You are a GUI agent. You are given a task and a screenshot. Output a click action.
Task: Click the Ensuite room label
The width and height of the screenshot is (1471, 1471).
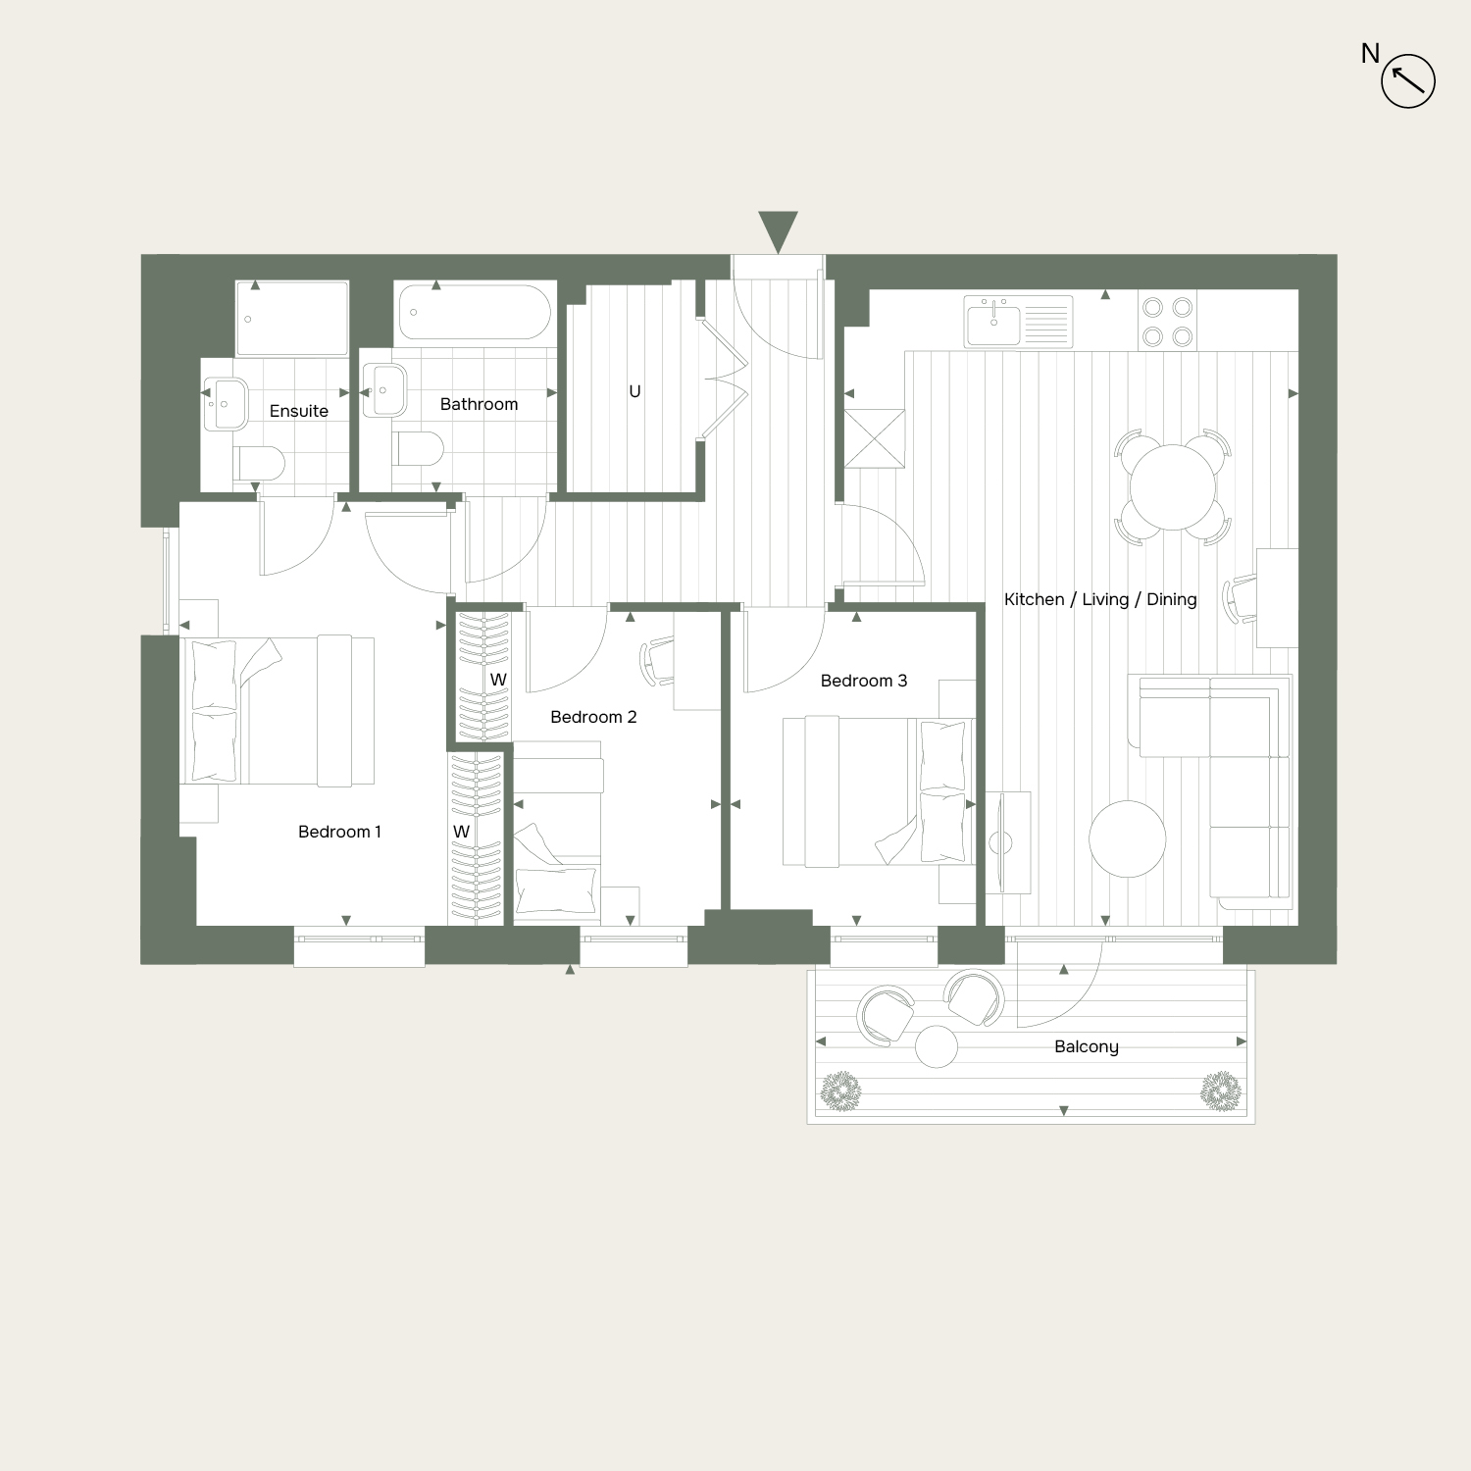[299, 411]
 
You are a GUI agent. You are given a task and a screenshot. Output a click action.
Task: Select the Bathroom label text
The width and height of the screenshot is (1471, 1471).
[479, 404]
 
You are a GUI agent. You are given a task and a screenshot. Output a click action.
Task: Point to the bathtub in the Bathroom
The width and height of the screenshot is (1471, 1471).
[476, 313]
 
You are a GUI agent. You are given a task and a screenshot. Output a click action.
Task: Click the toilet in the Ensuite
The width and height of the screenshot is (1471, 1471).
[259, 462]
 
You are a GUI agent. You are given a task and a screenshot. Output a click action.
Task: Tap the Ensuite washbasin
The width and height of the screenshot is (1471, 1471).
[227, 403]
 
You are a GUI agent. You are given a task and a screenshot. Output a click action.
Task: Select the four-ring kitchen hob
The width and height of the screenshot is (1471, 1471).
[1168, 322]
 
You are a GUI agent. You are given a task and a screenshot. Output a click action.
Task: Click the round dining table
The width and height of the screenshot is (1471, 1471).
[1173, 487]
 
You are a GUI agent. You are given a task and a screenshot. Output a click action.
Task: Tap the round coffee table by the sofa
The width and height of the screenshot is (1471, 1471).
[1128, 838]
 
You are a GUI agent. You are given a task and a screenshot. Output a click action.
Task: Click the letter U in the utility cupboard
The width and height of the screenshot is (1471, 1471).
[634, 391]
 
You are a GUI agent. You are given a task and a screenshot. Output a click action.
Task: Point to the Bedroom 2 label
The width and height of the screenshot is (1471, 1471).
[593, 717]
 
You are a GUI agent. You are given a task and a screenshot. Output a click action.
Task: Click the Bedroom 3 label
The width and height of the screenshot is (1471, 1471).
[864, 681]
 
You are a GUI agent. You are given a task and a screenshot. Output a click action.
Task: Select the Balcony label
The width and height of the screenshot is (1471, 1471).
[1087, 1046]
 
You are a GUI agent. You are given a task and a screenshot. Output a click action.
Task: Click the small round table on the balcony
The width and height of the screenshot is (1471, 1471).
[937, 1046]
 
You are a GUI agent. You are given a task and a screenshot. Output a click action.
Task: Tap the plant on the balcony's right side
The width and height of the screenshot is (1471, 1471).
[1221, 1091]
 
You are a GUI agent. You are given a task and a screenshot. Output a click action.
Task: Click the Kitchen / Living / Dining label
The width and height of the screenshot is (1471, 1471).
[1100, 599]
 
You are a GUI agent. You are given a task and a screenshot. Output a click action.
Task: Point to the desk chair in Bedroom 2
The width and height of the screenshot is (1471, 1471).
[657, 662]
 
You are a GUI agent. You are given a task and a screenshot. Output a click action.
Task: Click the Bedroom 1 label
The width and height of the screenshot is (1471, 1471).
[339, 832]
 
